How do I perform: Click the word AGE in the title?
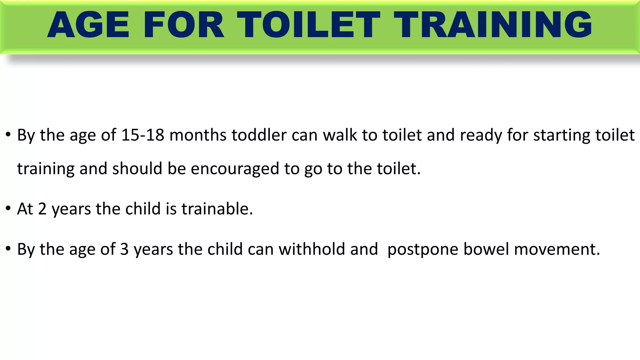88,25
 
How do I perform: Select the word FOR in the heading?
184,25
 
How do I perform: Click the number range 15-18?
143,135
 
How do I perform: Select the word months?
198,135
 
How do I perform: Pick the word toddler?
259,135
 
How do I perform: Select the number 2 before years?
42,209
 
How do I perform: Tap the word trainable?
217,209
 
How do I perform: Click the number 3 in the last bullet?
124,249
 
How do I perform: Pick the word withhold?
312,249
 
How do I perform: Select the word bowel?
486,249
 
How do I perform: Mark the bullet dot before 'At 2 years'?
8,209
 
